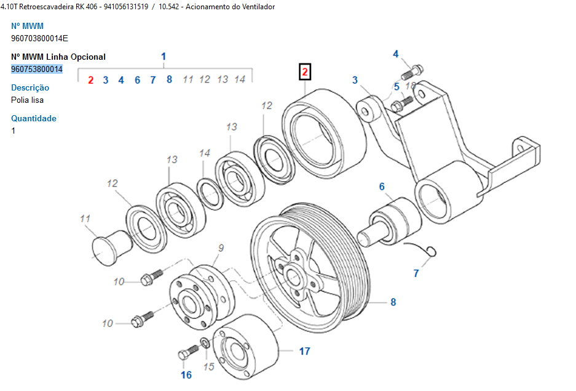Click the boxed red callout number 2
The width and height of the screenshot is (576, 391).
(306, 73)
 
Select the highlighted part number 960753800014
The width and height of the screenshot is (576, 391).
(37, 69)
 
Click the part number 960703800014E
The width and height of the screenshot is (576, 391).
(39, 38)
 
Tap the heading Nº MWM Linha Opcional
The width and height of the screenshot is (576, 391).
(58, 57)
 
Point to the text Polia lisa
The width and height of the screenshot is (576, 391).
(27, 100)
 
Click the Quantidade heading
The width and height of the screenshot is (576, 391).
(34, 118)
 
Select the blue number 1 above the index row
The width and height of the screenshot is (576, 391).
(164, 57)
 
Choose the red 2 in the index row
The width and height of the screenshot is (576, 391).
(90, 79)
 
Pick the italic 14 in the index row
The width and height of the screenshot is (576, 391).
(240, 79)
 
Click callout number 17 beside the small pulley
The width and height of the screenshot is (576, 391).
(304, 352)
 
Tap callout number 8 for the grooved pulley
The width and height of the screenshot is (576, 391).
(393, 302)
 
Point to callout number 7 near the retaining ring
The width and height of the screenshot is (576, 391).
(416, 273)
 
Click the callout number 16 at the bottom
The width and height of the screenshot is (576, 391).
(186, 374)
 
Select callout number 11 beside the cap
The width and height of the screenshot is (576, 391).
(85, 219)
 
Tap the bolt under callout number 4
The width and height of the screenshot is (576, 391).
(412, 73)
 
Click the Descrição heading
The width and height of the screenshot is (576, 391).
(30, 87)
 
